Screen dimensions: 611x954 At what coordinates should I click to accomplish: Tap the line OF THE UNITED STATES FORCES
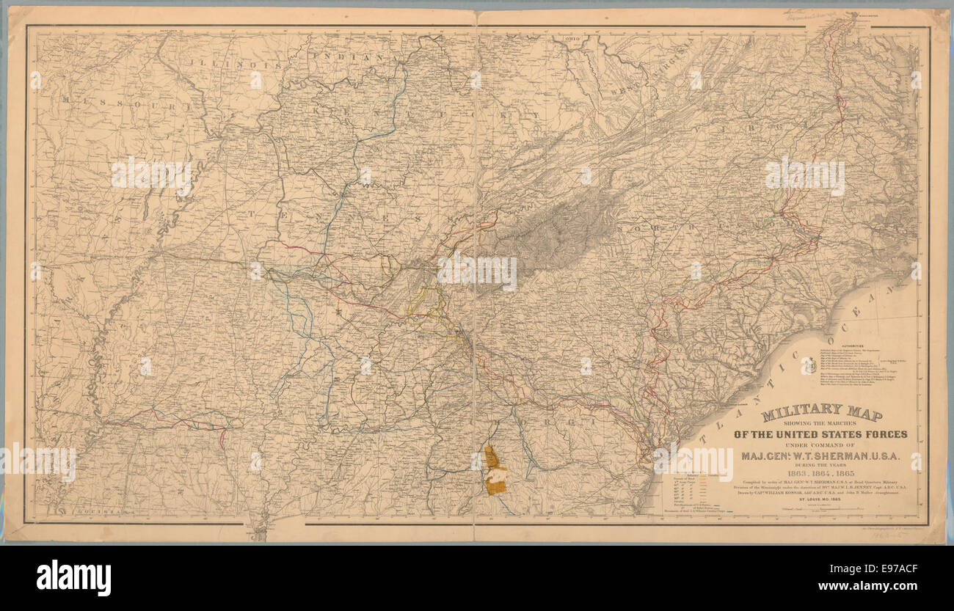pos(820,434)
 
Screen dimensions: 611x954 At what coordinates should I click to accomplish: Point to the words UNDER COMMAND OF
pos(820,445)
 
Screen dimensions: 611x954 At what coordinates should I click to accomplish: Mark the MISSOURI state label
pos(125,102)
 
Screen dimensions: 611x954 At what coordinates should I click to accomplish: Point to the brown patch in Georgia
pos(495,469)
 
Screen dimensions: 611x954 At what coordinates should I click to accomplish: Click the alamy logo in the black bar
pos(73,577)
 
